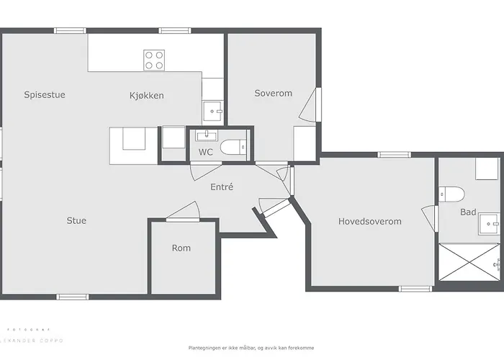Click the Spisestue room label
[x=45, y=94]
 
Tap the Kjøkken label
[x=146, y=95]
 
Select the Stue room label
[x=76, y=220]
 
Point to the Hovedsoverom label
[x=369, y=221]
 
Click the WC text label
[x=205, y=152]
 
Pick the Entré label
[x=221, y=187]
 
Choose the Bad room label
[x=468, y=212]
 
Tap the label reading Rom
[x=181, y=248]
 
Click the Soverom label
[x=273, y=93]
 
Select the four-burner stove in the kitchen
[x=154, y=60]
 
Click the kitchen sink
[x=212, y=111]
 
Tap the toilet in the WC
[x=233, y=148]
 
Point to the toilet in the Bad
[x=451, y=194]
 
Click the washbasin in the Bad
[x=490, y=224]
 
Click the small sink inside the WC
[x=206, y=135]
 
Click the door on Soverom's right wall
[x=307, y=106]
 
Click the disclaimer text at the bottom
[x=251, y=347]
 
